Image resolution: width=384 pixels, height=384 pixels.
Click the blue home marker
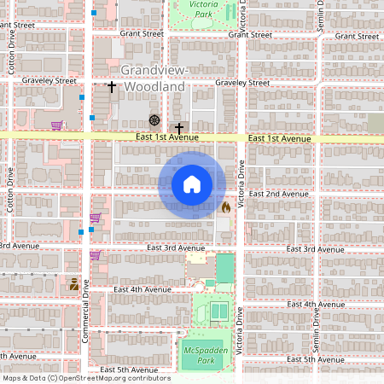[x=192, y=184]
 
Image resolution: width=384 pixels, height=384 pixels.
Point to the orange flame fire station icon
[x=225, y=207]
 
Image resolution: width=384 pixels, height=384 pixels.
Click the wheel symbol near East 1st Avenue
[x=154, y=119]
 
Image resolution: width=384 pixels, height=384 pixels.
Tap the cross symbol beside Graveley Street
[x=111, y=87]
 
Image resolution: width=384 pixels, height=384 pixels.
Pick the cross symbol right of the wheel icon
[x=178, y=127]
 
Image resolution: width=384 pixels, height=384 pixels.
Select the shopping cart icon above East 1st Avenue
[x=56, y=125]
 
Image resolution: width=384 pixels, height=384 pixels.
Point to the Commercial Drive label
[x=85, y=300]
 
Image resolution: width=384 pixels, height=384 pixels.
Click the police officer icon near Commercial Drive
[x=74, y=284]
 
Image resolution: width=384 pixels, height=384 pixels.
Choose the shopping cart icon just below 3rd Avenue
[x=94, y=254]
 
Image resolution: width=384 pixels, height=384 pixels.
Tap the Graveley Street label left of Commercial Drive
[x=52, y=80]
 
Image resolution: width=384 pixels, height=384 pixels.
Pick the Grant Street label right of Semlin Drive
[x=357, y=36]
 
